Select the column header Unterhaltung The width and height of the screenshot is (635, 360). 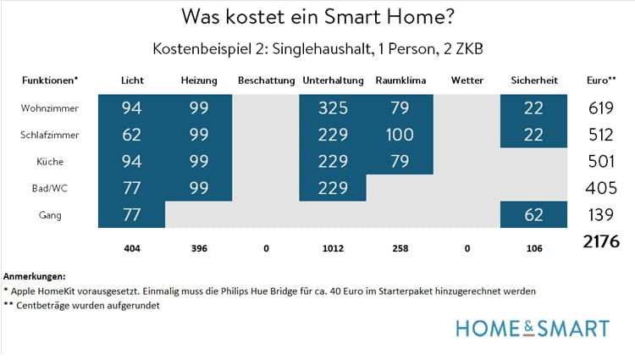[x=332, y=80]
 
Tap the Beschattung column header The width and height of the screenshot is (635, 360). [x=266, y=80]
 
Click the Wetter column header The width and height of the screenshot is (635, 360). [x=467, y=80]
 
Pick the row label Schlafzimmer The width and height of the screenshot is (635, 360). [x=45, y=135]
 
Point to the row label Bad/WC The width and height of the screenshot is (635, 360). [x=45, y=188]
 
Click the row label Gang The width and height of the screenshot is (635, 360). [x=45, y=215]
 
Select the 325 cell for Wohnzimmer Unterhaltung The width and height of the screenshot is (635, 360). [x=332, y=108]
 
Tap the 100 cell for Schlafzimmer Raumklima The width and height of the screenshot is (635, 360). [x=399, y=135]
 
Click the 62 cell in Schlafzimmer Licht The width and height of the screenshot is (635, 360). [x=132, y=135]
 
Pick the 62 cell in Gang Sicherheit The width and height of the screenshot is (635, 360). [x=533, y=215]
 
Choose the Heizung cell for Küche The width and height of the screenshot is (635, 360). [x=199, y=161]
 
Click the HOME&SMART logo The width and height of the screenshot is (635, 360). [x=532, y=328]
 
